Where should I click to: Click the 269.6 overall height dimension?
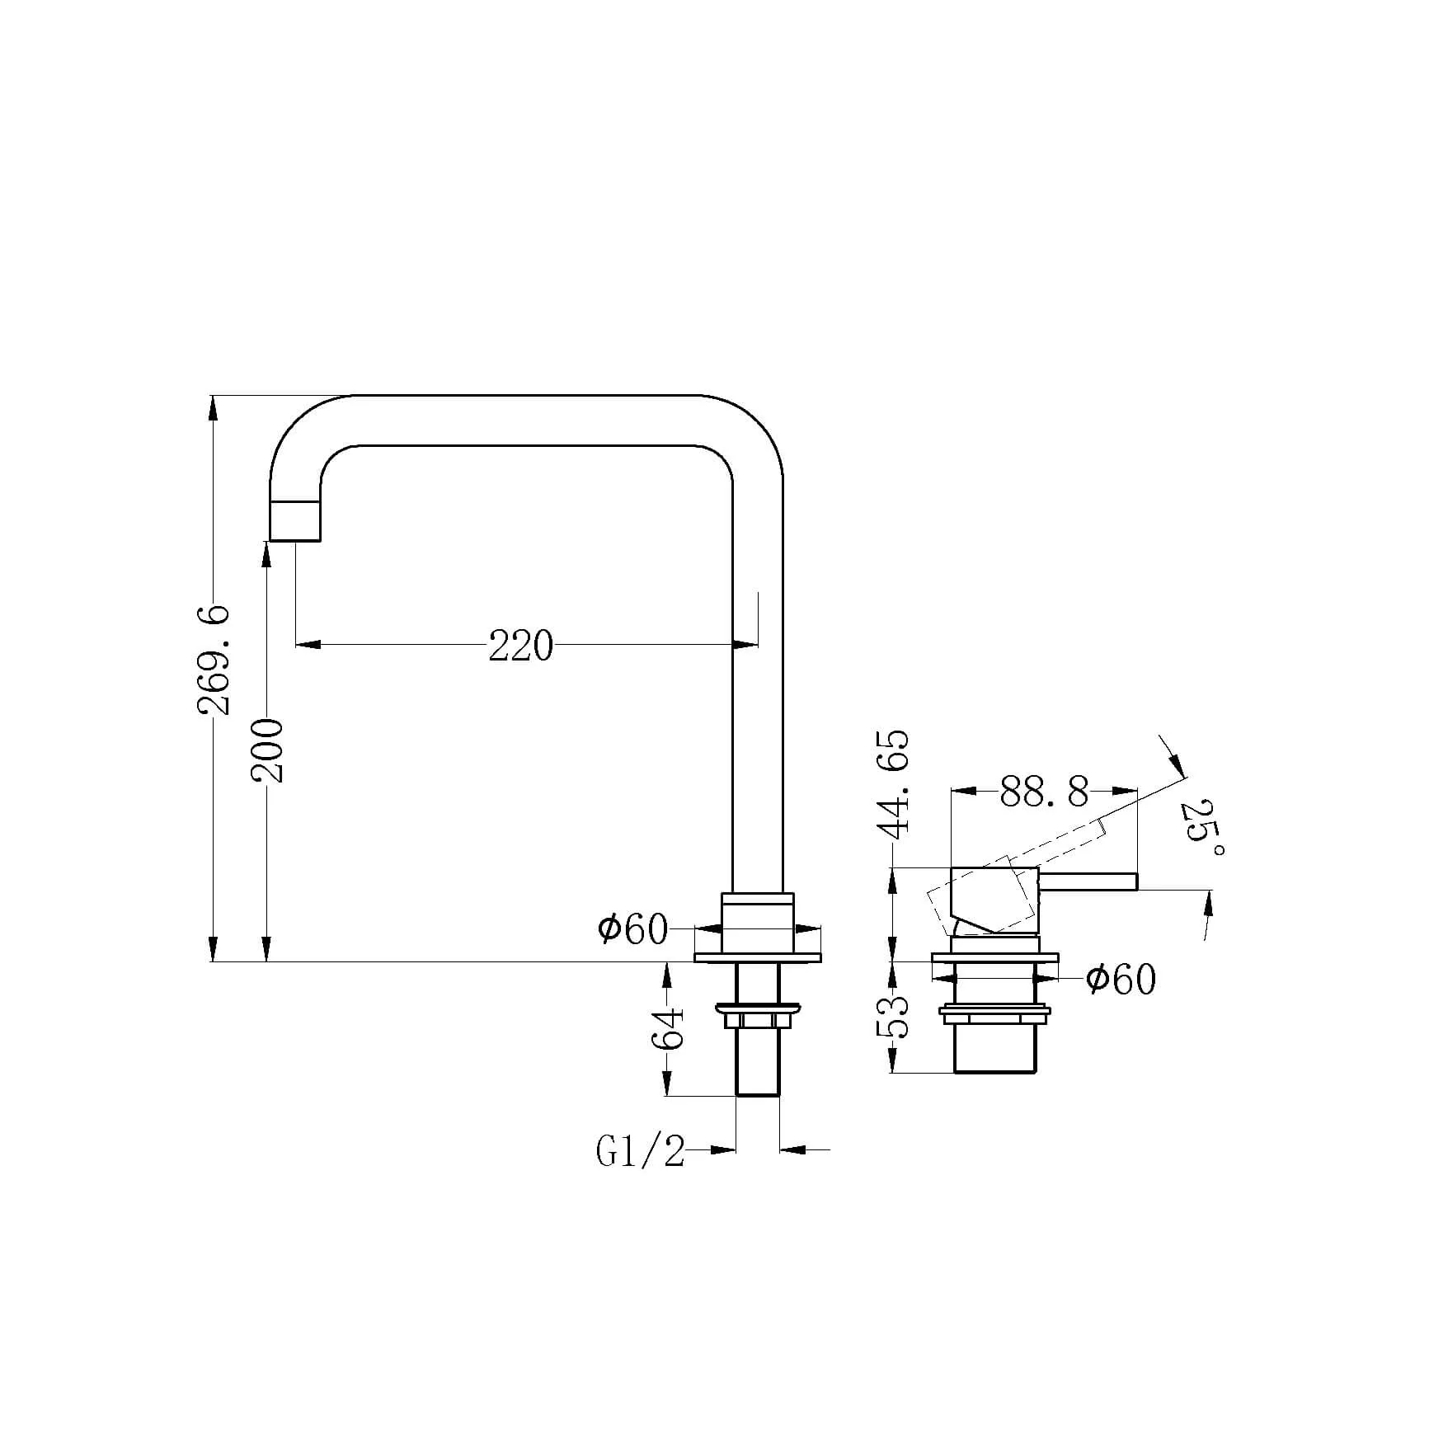(214, 660)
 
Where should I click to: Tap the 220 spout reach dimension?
(521, 646)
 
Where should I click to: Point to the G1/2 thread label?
(641, 1151)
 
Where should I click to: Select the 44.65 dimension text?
(895, 784)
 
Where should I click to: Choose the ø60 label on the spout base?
(633, 929)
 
